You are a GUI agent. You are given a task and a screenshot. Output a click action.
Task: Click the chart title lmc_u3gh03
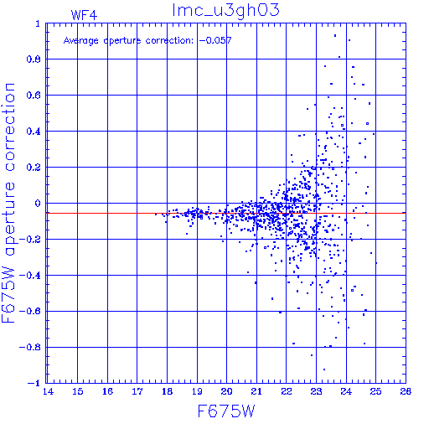tap(225, 10)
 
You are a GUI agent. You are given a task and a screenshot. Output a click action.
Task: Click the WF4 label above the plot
tap(84, 15)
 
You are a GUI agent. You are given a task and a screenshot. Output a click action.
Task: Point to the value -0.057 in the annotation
tap(215, 40)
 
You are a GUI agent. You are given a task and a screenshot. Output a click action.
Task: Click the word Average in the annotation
tap(81, 41)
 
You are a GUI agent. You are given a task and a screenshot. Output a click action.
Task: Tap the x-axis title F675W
tap(226, 411)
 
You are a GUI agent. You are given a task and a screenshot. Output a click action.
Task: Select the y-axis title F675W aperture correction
tap(8, 203)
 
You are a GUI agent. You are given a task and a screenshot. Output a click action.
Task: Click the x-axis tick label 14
tap(48, 391)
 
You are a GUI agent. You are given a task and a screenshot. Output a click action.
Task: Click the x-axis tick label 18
tap(167, 391)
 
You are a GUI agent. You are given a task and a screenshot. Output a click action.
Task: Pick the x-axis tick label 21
tap(256, 391)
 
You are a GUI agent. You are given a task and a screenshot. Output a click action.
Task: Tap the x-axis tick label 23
tap(316, 391)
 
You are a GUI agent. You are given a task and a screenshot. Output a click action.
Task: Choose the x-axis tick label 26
tap(406, 391)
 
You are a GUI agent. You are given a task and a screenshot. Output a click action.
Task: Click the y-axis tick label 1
tap(38, 23)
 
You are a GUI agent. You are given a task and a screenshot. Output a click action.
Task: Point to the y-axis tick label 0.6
tap(34, 96)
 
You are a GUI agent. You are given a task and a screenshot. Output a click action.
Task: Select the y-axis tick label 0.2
tap(34, 168)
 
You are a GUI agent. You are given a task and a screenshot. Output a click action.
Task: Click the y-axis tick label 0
tap(38, 204)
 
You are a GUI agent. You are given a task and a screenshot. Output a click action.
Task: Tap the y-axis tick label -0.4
tap(30, 276)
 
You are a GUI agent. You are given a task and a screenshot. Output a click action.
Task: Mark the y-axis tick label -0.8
tap(30, 348)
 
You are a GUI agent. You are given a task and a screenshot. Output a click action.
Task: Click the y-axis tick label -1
tap(34, 384)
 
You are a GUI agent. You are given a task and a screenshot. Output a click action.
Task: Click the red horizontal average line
tap(225, 213)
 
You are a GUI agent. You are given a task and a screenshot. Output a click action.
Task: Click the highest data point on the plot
tap(335, 35)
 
